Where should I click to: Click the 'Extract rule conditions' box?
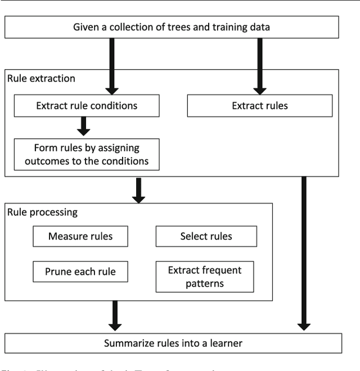pyautogui.click(x=87, y=105)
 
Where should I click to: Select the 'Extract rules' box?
pyautogui.click(x=259, y=105)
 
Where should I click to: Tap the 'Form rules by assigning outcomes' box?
pyautogui.click(x=87, y=154)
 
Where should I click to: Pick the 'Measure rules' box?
pyautogui.click(x=80, y=236)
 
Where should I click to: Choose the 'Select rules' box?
pyautogui.click(x=206, y=236)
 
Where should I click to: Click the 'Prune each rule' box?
pyautogui.click(x=80, y=272)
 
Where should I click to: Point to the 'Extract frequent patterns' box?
pyautogui.click(x=204, y=277)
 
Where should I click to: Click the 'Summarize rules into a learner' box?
pyautogui.click(x=173, y=343)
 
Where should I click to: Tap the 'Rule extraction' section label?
pyautogui.click(x=41, y=79)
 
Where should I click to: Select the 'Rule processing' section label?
pyautogui.click(x=42, y=213)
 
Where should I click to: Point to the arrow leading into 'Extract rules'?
pyautogui.click(x=259, y=65)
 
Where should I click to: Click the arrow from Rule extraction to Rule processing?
pyautogui.click(x=138, y=190)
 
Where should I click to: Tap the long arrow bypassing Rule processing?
pyautogui.click(x=304, y=253)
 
